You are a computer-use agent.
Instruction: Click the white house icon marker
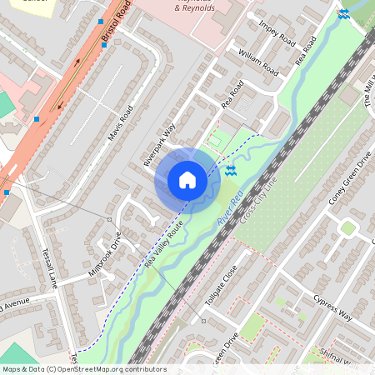187,179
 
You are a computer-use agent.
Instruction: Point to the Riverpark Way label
159,145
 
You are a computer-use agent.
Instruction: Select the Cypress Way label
332,306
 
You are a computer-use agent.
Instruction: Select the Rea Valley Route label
164,244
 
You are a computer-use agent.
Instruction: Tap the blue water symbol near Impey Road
343,13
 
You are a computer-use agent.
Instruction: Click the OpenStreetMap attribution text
83,369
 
